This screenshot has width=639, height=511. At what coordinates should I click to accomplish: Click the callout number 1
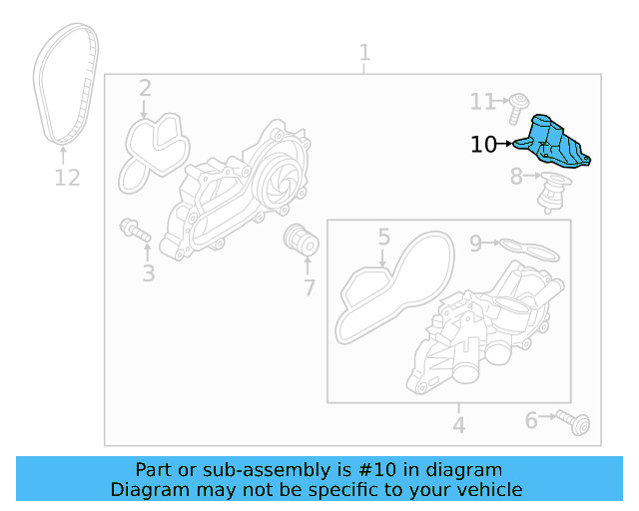tap(364, 52)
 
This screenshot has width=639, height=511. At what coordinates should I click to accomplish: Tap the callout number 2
tap(145, 88)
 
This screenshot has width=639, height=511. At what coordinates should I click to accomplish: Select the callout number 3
tap(148, 271)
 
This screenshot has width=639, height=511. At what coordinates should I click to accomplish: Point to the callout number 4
tap(458, 426)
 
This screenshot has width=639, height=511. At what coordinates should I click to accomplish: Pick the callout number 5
tap(383, 237)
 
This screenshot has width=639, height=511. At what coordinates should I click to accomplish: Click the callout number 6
tap(531, 421)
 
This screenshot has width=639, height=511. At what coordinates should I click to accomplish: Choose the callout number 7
tap(310, 288)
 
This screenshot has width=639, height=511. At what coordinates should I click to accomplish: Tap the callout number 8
tap(516, 178)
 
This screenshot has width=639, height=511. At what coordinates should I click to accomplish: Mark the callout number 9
tap(476, 242)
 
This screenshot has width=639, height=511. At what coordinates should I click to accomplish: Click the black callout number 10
tap(483, 145)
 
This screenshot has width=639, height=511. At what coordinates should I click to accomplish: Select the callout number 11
tap(483, 101)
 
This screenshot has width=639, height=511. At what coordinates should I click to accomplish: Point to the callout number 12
tap(66, 178)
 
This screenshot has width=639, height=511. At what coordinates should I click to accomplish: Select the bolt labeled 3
tap(134, 230)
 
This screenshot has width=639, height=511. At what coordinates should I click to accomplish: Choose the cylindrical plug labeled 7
tap(301, 240)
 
